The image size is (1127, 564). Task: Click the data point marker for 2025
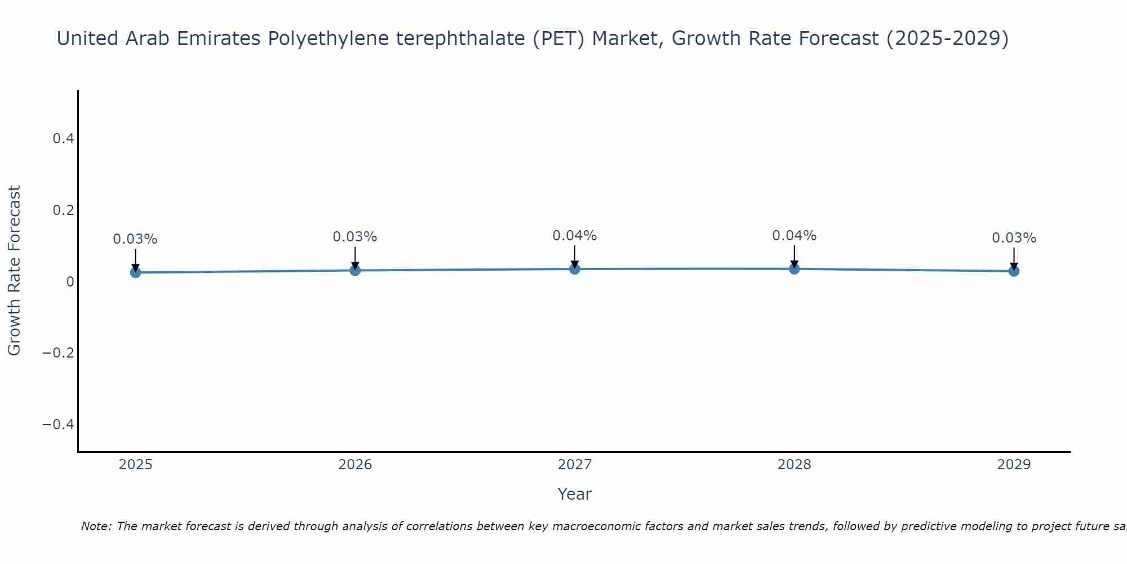pos(135,272)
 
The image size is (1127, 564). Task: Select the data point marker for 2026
pos(355,270)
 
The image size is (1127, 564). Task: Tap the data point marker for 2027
pos(575,269)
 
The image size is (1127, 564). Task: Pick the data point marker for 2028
pos(794,269)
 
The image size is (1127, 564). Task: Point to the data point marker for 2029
pos(1014,271)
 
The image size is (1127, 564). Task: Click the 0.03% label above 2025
pos(135,239)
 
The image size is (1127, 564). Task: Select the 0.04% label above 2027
pos(575,236)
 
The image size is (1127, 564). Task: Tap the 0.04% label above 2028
pos(794,236)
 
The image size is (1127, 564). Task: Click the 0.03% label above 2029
pos(1014,238)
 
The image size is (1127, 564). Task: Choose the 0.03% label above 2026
pos(355,237)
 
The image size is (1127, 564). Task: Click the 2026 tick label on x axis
pos(355,465)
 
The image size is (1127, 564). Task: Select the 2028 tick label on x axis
pos(794,465)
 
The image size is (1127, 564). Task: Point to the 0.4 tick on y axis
pos(63,139)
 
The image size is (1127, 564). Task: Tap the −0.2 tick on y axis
pos(59,353)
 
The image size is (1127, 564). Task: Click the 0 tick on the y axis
pos(70,281)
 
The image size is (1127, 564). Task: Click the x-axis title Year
pos(574,494)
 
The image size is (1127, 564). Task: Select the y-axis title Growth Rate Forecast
pos(14,271)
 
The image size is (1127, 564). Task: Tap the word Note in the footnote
pos(96,526)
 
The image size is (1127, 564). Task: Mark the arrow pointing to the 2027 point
pos(575,257)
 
